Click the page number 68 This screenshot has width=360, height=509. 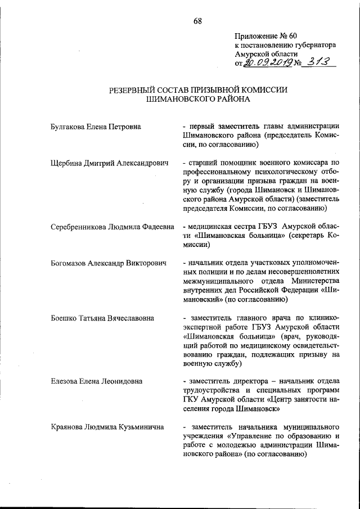(197, 21)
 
